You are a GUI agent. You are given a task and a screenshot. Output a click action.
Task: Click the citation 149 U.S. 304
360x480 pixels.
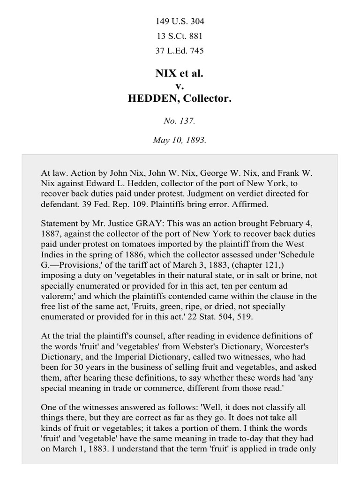pyautogui.click(x=180, y=22)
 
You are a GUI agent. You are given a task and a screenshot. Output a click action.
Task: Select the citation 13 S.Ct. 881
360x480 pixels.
pyautogui.click(x=180, y=36)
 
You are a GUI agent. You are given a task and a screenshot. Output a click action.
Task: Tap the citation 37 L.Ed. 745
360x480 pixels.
pyautogui.click(x=180, y=51)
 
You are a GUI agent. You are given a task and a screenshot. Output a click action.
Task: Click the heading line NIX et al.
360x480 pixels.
pyautogui.click(x=180, y=74)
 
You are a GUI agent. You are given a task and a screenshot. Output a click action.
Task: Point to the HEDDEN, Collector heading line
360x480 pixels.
pyautogui.click(x=180, y=99)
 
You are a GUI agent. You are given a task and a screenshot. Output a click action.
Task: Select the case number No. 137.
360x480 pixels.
pyautogui.click(x=180, y=121)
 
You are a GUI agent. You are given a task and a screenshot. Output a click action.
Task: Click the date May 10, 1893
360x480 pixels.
pyautogui.click(x=180, y=140)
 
